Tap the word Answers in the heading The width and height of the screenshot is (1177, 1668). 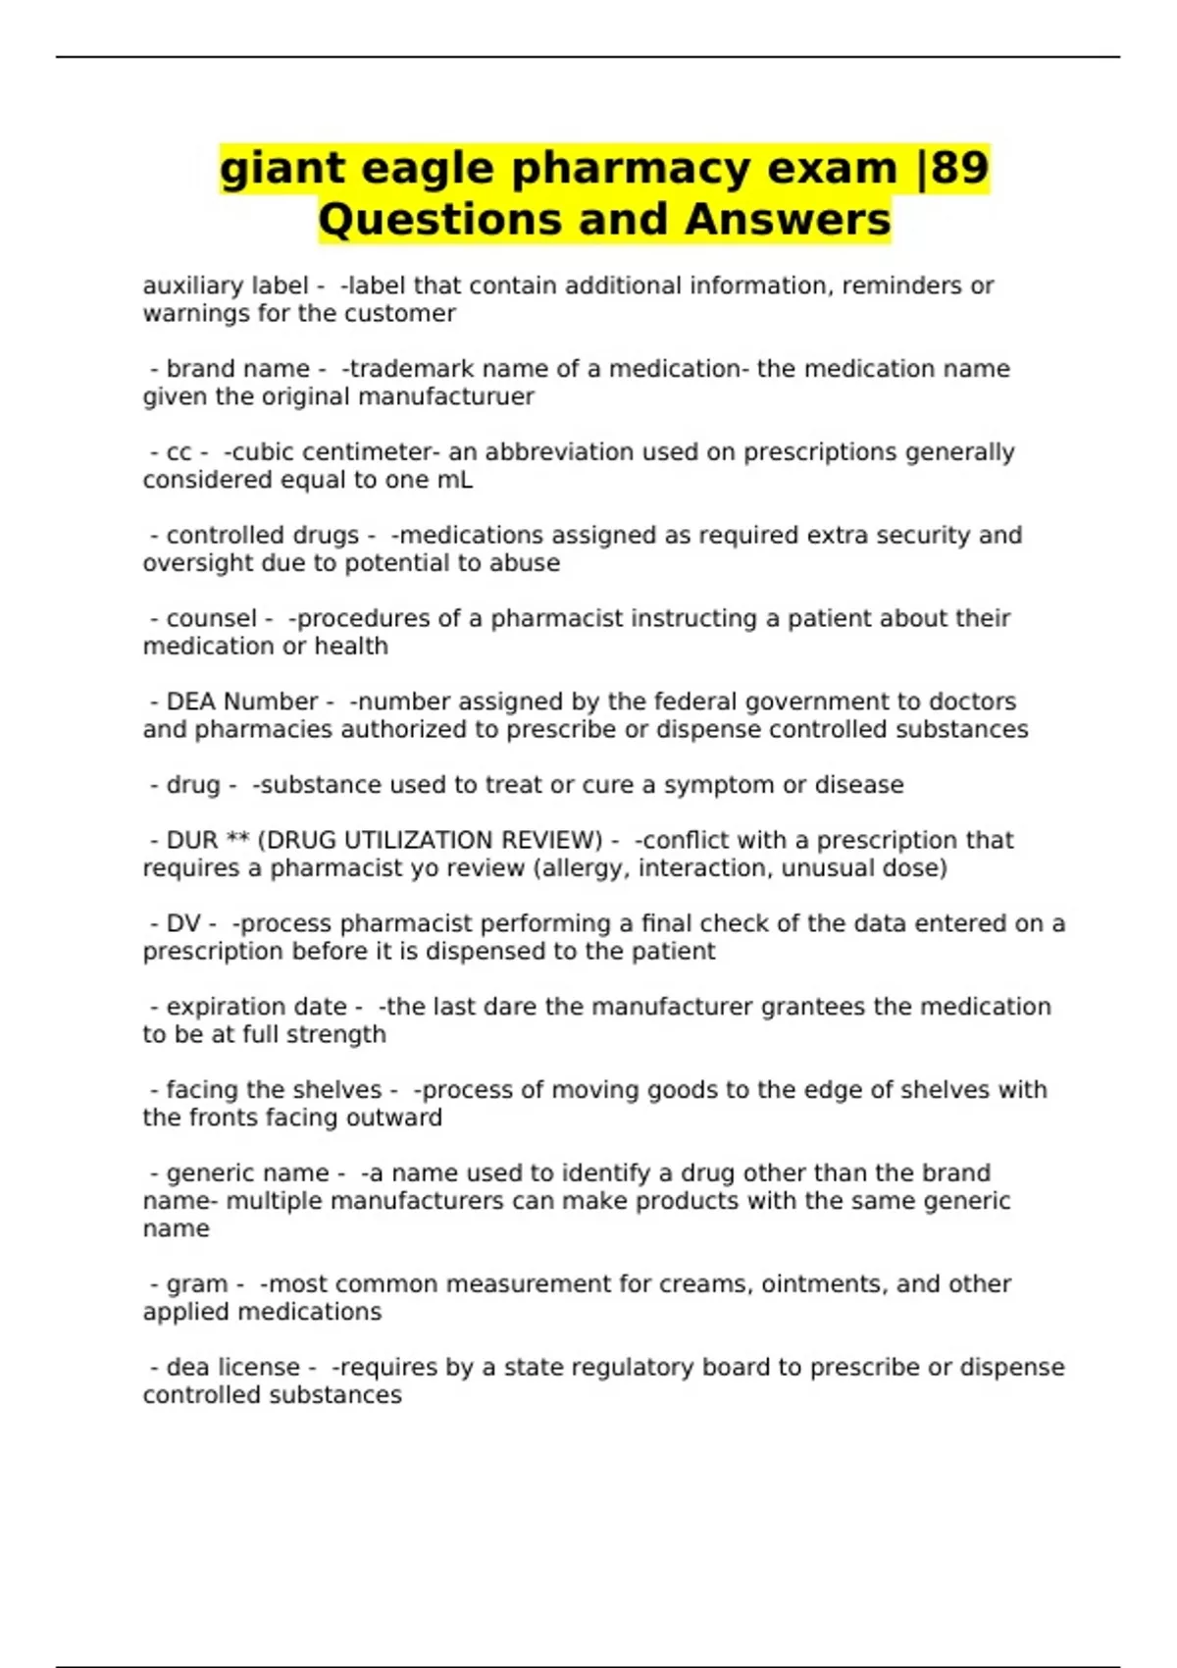[x=788, y=220]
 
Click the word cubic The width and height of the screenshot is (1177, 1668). [x=258, y=452]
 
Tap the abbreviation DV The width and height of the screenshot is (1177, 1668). [x=182, y=923]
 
